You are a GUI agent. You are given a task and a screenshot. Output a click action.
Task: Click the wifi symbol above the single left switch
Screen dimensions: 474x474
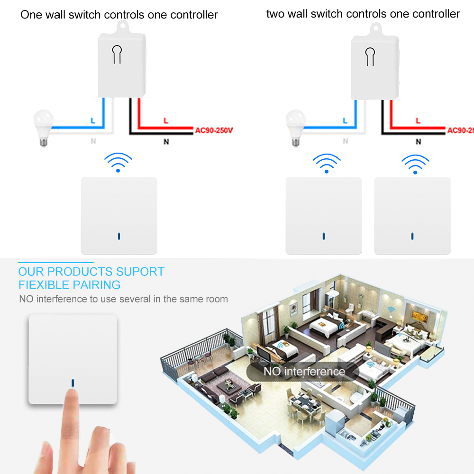click(x=118, y=162)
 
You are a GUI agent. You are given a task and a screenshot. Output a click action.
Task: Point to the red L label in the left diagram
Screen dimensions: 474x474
click(x=165, y=121)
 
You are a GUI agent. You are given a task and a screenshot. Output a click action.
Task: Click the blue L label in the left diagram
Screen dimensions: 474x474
click(x=93, y=121)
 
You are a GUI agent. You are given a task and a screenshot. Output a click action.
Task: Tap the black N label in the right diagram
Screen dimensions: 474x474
click(x=418, y=141)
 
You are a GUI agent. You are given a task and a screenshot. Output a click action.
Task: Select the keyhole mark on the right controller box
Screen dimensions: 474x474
click(x=370, y=56)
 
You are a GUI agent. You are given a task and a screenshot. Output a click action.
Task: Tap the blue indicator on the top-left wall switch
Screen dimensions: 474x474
click(x=118, y=235)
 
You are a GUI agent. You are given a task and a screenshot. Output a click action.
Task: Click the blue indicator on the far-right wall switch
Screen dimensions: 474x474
click(x=412, y=235)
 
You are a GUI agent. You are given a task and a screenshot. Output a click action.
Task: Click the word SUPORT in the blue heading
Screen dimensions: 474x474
click(x=139, y=272)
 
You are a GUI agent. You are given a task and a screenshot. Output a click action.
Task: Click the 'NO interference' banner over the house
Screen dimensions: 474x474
click(x=304, y=371)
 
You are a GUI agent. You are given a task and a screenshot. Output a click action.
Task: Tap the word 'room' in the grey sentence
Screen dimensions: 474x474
click(x=216, y=299)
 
